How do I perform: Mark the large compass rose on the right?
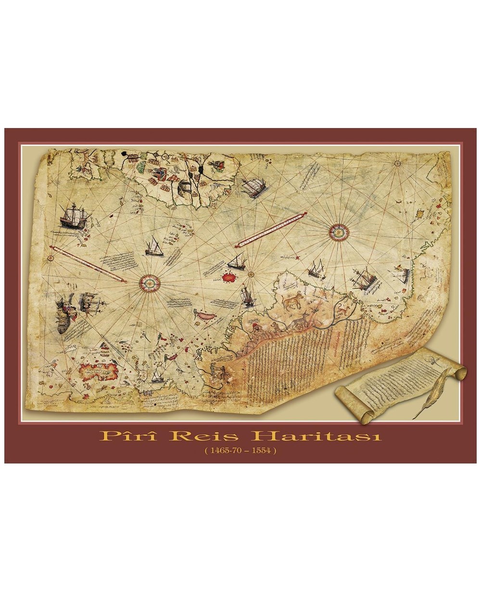point(339,232)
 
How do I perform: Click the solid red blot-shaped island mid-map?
point(229,277)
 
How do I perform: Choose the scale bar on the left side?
point(88,264)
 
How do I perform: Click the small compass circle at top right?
point(398,164)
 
